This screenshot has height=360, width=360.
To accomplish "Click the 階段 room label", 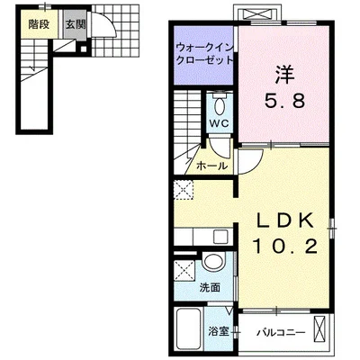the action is [x=39, y=24].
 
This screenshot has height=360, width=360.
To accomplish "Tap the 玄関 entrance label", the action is [x=76, y=24].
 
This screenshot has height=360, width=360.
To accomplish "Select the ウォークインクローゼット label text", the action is [x=204, y=54].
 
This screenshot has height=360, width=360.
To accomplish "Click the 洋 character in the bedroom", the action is [x=284, y=75].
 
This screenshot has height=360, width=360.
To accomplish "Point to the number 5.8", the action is [x=284, y=101].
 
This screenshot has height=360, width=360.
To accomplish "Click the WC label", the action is [x=220, y=123].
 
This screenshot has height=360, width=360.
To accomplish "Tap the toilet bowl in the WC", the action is [x=220, y=104].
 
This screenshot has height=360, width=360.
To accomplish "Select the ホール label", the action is [x=211, y=166].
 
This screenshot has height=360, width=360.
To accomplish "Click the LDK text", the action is [x=284, y=221].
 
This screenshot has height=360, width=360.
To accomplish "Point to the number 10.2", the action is [x=284, y=247].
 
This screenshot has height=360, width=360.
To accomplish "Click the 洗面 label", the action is [x=210, y=288].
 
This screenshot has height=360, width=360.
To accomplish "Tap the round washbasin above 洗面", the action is [x=213, y=262].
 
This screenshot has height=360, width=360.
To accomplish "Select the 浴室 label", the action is [x=219, y=332].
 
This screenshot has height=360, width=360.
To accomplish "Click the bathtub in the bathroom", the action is [x=188, y=330].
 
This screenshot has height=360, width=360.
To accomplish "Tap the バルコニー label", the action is [x=281, y=333].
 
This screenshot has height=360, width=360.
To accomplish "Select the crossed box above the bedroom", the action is [x=257, y=14].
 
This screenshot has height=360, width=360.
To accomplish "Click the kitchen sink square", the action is [x=220, y=237].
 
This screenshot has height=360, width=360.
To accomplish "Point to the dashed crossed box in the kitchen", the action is [x=184, y=190].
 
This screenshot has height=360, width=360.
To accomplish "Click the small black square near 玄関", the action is [x=84, y=49].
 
